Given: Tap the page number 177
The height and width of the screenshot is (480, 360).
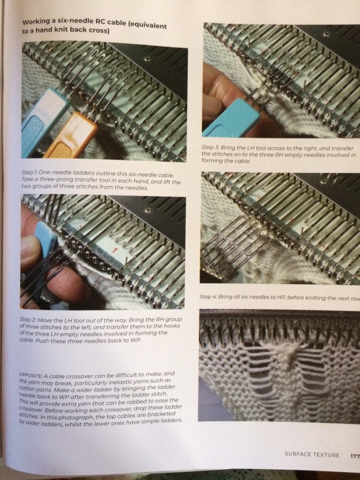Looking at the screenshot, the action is tap(354, 456).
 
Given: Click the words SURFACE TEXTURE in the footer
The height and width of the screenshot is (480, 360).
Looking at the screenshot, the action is tap(312, 455).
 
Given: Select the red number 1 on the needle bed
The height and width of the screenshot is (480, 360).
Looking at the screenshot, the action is tap(115, 250).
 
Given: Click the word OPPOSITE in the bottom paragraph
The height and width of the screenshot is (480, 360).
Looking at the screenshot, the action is tap(30, 375).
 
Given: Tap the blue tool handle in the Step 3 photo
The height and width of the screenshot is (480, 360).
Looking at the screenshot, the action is tap(231, 118).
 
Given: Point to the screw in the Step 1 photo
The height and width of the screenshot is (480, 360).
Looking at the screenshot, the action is tap(147, 59).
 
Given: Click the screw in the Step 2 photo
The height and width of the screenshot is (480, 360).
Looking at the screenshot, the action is tap(148, 210).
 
